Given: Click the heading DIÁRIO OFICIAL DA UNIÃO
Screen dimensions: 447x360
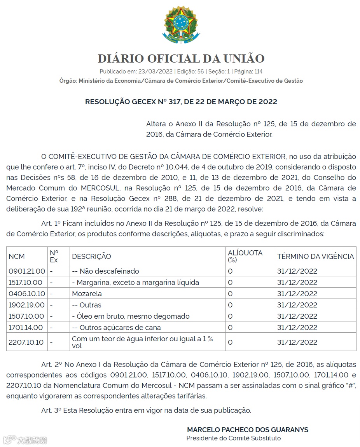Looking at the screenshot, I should click(181, 59).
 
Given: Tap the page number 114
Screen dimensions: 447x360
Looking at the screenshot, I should click(258, 72).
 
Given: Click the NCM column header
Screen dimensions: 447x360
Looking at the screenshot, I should click(17, 256).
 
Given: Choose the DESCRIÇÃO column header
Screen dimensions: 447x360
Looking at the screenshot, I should click(91, 256).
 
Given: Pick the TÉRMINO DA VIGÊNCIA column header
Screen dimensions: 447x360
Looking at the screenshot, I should click(315, 256).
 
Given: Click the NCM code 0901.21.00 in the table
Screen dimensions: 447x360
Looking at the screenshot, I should click(27, 271).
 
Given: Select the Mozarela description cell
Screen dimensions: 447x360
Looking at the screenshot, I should click(87, 293).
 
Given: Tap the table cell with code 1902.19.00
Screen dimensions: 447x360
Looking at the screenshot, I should click(27, 305).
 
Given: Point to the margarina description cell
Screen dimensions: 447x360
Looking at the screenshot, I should click(135, 282).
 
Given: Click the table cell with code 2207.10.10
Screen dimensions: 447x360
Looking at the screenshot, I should click(27, 342).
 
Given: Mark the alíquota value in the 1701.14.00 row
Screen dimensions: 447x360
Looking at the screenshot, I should click(230, 327).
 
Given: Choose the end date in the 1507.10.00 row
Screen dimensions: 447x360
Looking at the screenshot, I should click(297, 316).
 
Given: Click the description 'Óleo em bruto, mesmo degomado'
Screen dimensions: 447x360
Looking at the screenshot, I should click(131, 316).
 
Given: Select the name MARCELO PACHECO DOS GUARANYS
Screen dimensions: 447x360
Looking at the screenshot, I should click(248, 430).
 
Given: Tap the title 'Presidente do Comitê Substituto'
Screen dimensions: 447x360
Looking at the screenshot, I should click(233, 438).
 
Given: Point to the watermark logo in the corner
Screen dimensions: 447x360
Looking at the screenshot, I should click(25, 440).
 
